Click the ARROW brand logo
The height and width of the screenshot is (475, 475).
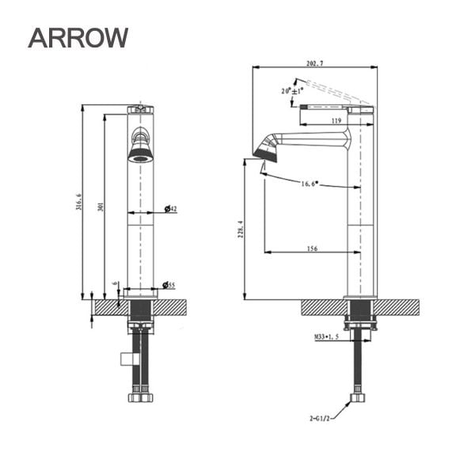(78, 36)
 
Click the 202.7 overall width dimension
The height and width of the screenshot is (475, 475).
(315, 63)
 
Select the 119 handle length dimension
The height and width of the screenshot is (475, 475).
(336, 121)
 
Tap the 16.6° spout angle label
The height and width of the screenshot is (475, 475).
(309, 184)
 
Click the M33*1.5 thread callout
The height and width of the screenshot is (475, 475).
(325, 337)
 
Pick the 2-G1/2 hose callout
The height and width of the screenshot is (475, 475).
(321, 415)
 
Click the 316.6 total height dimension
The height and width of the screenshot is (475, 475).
(78, 202)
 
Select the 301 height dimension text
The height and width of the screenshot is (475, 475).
(101, 207)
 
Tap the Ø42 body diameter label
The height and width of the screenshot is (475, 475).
(169, 209)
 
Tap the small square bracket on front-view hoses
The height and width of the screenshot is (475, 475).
(126, 359)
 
